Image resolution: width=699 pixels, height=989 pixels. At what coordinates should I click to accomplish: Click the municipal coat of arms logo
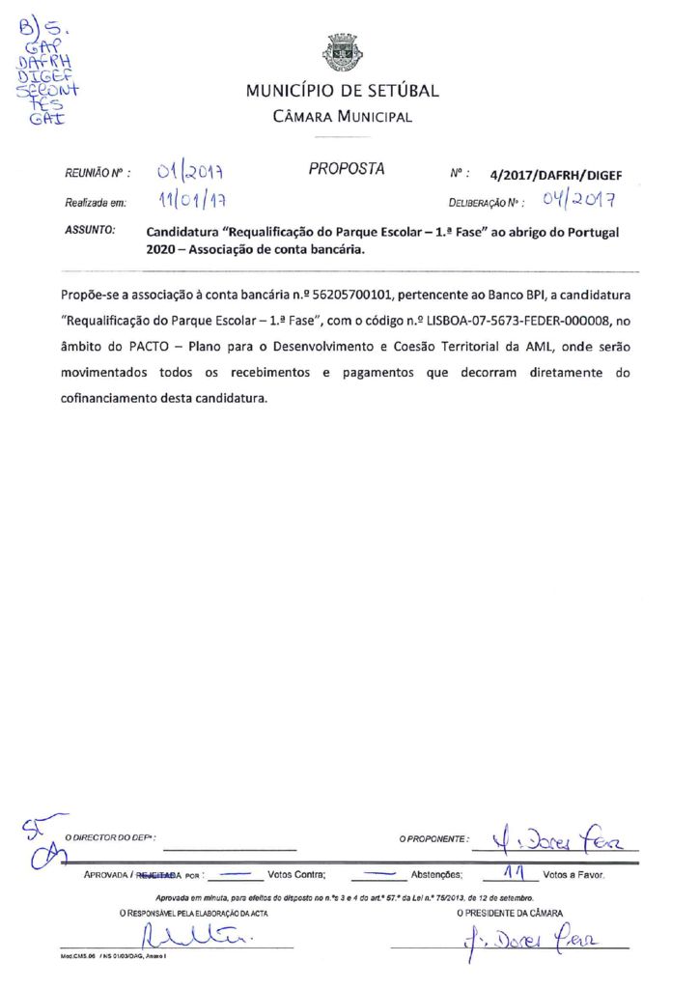click(341, 53)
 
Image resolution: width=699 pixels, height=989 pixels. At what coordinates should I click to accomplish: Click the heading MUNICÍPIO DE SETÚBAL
click(342, 92)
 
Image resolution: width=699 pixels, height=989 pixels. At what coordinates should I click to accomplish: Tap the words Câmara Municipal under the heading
click(342, 118)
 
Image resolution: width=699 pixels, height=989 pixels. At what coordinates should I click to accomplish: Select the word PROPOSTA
click(347, 169)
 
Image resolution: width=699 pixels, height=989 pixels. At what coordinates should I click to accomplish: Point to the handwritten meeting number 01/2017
click(190, 174)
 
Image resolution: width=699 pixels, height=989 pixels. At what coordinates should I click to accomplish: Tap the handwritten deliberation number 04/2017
click(578, 201)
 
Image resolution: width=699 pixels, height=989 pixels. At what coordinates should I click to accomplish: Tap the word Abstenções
click(437, 876)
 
